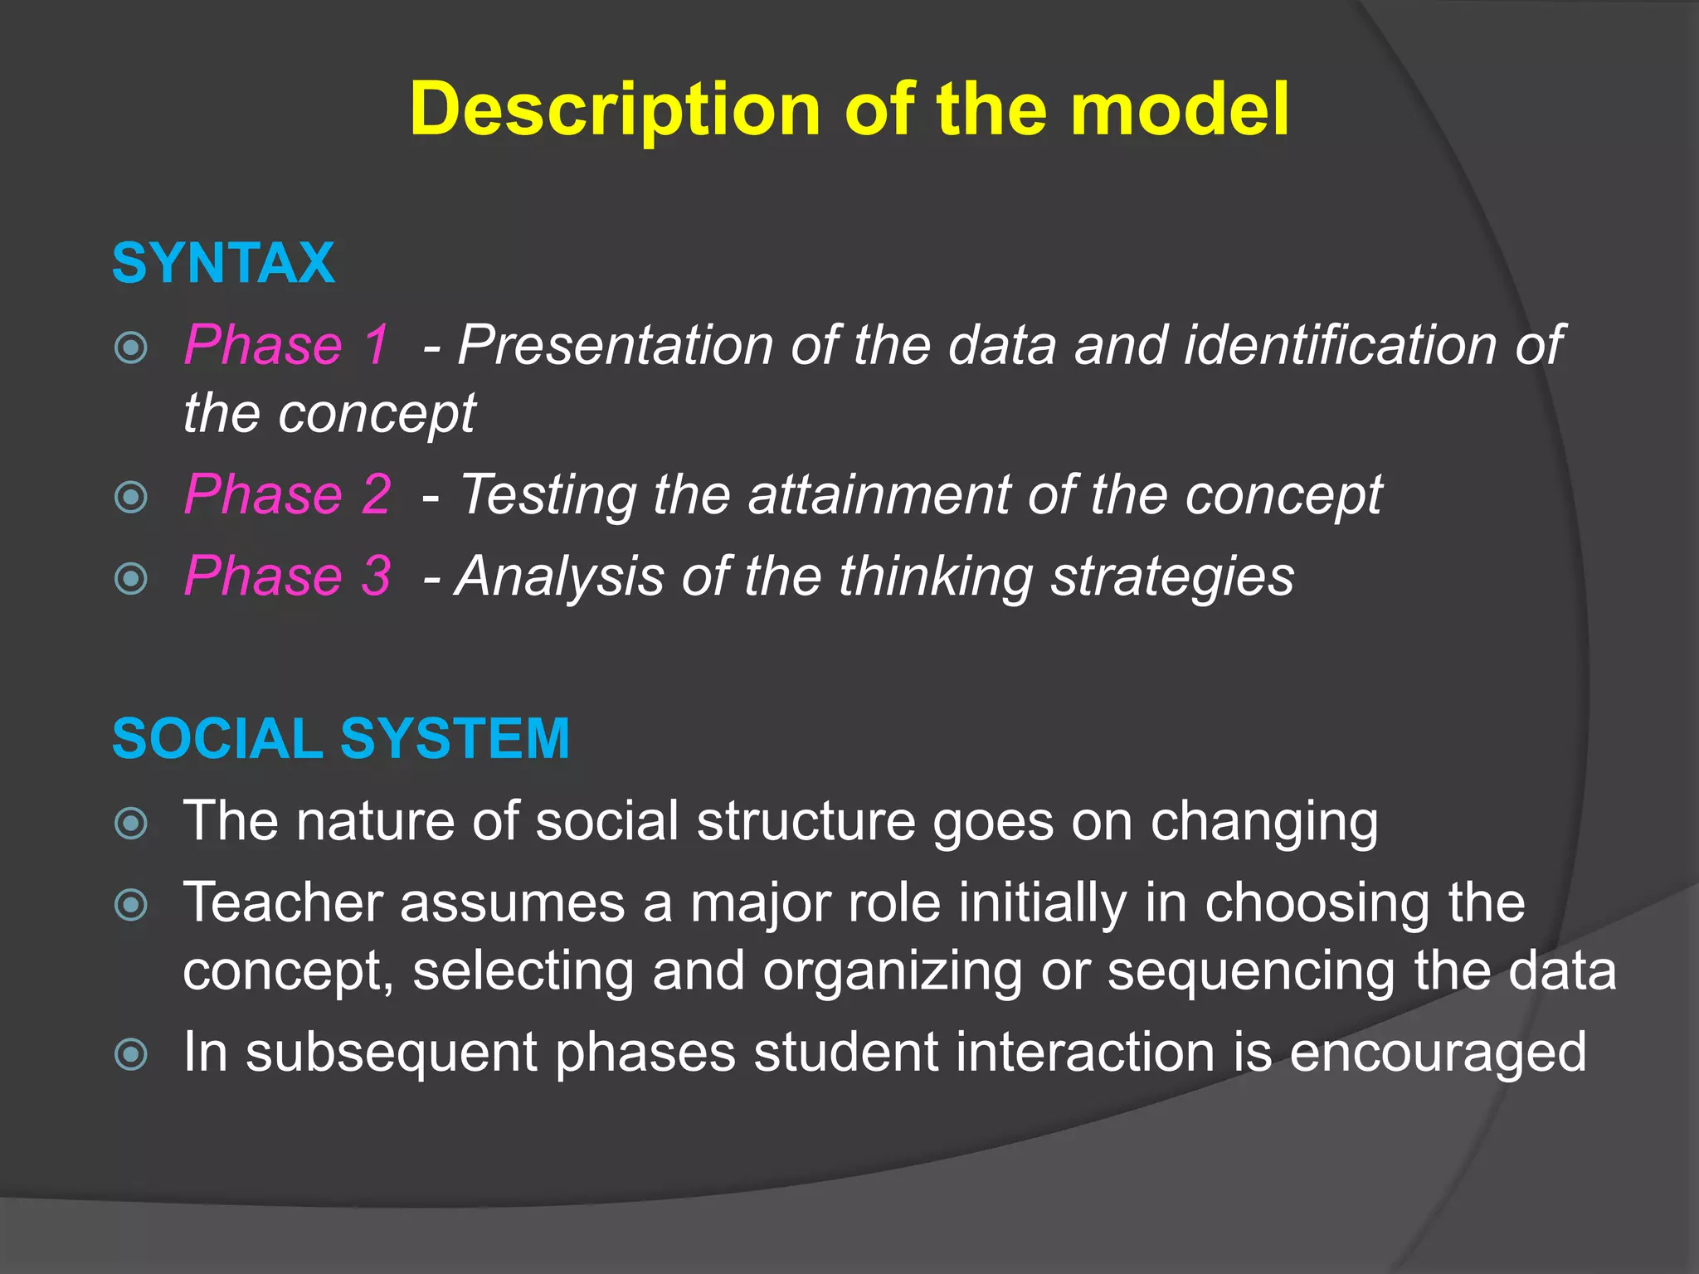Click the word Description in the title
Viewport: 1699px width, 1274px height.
616,110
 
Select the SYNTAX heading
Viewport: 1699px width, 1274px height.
223,264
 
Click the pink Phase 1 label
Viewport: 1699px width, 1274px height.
287,344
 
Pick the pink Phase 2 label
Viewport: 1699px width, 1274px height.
287,494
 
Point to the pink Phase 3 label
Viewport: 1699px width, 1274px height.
287,576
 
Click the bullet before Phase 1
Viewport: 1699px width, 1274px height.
131,348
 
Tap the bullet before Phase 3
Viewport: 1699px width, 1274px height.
131,578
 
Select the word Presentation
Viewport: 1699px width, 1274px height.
615,344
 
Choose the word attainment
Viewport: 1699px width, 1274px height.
879,495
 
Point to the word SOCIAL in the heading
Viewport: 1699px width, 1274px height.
217,738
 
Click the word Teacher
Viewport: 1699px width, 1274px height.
282,902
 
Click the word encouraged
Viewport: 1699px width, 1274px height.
1438,1053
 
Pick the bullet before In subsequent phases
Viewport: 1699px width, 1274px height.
131,1055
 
